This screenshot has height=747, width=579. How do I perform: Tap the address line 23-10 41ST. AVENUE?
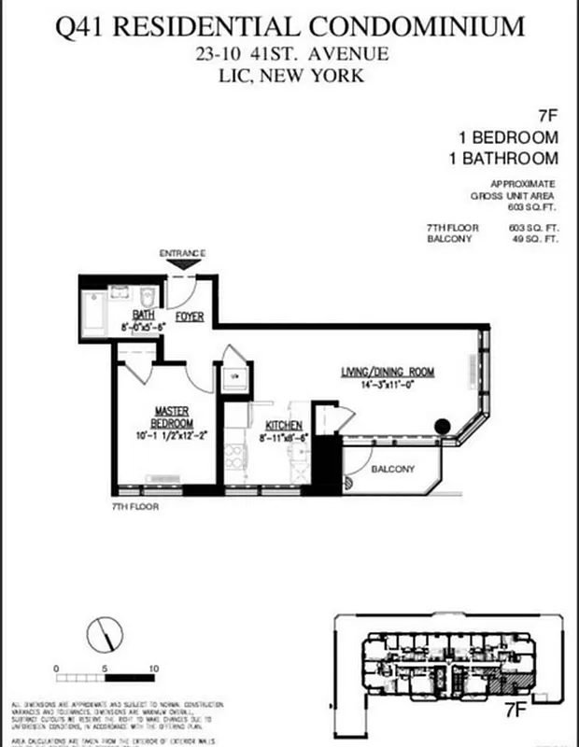pos(289,54)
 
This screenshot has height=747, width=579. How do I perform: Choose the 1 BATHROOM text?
pos(504,159)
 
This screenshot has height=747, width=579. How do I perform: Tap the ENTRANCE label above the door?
pos(182,254)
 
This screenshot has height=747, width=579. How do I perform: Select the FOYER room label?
pos(190,317)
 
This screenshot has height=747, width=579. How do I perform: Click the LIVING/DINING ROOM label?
pos(387,373)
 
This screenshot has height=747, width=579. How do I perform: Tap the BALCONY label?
pos(392,469)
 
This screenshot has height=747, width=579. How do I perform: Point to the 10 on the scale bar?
pos(153,669)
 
